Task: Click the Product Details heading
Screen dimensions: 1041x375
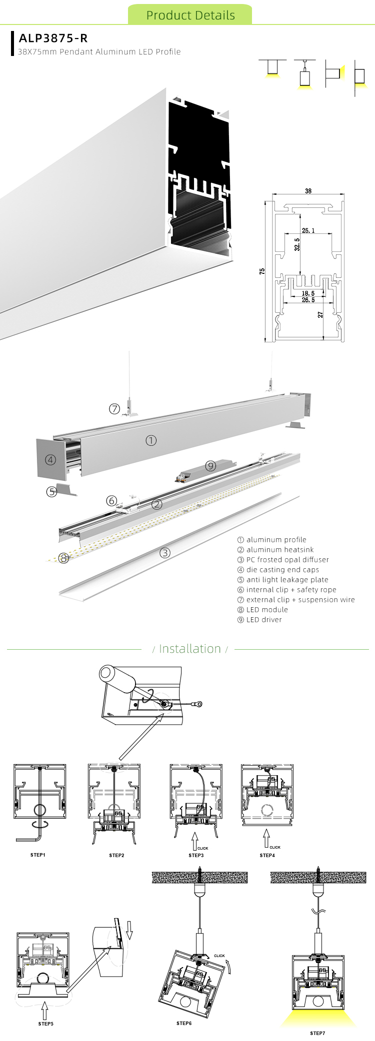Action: pos(190,15)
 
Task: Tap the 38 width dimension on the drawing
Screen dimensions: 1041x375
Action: pos(308,191)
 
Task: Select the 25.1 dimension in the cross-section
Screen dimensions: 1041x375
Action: pos(308,230)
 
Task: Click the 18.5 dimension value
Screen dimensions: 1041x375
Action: pos(308,293)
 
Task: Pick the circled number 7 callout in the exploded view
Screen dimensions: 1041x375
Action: pos(114,409)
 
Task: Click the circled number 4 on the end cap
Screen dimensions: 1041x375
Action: pos(50,460)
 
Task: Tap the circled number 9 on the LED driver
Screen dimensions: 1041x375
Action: pos(210,466)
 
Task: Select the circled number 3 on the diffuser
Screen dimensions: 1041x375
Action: pos(165,553)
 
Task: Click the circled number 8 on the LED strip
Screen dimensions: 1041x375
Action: pos(63,558)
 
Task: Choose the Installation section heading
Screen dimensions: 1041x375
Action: pos(189,649)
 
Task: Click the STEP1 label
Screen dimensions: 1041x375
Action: pos(38,855)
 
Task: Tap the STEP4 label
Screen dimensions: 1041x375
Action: pos(267,855)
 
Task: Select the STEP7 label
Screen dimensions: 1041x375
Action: pos(317,1033)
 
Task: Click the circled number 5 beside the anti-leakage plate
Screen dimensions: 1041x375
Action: pos(51,492)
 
